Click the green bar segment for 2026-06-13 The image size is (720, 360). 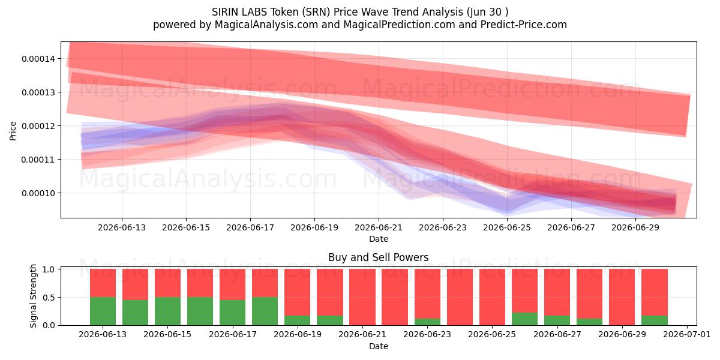103,311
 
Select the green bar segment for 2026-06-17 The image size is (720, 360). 232,313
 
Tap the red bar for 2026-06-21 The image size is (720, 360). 362,297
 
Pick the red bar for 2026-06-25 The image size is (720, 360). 492,297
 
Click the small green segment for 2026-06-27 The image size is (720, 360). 557,320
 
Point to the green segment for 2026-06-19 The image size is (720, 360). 298,320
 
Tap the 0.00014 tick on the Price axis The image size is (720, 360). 38,59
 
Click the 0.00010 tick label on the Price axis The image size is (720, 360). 38,193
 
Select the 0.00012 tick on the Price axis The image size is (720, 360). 38,126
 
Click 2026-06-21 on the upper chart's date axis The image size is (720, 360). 379,227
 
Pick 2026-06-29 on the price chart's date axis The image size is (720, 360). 635,227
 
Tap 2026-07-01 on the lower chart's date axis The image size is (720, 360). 687,335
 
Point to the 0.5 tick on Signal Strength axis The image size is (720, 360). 48,298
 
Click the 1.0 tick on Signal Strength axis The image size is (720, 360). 48,269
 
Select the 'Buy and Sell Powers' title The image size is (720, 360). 379,257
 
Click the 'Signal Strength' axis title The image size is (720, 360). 33,296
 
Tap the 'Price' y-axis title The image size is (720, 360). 13,131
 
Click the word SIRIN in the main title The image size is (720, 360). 224,12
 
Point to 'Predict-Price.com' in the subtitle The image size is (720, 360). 524,25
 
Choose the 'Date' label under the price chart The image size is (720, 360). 379,239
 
